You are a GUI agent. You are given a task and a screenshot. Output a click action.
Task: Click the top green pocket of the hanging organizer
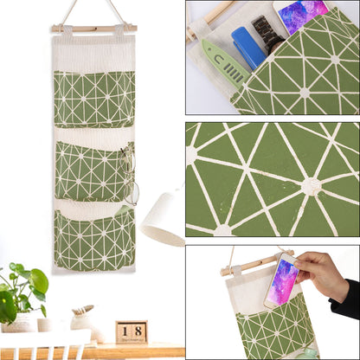[93, 99]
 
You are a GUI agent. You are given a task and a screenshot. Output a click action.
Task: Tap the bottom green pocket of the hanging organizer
[93, 241]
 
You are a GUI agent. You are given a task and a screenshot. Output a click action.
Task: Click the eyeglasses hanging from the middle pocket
[129, 177]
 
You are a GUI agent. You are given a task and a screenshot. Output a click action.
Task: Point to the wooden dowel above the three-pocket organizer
[93, 29]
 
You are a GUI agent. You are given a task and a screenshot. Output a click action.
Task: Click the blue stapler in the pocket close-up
[248, 47]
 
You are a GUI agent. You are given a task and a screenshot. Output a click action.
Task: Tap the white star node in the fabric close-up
[309, 185]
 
